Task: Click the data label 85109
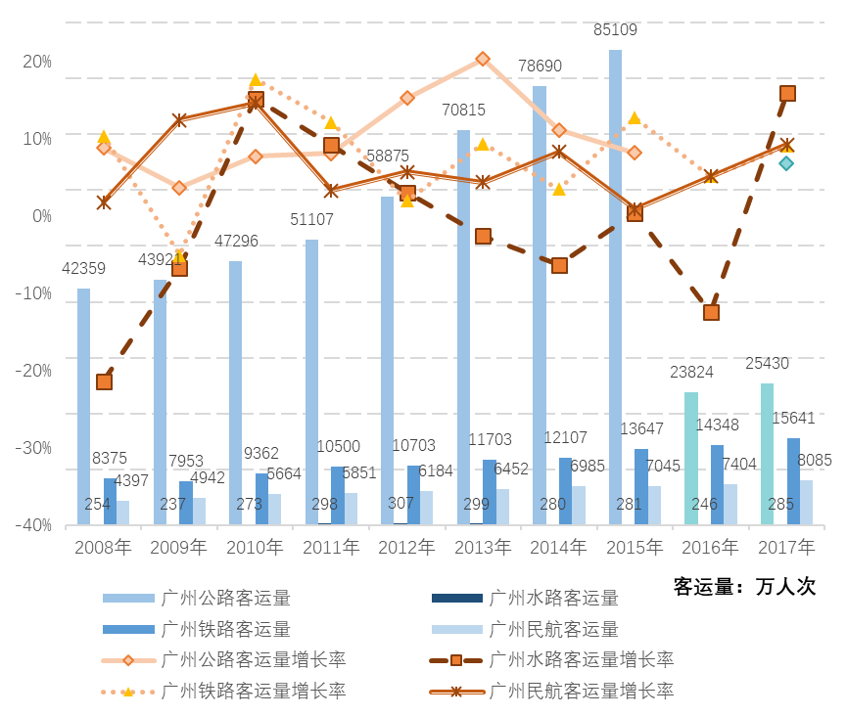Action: pyautogui.click(x=615, y=30)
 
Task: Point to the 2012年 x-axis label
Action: pyautogui.click(x=407, y=547)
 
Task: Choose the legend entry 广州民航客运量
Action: pyautogui.click(x=553, y=628)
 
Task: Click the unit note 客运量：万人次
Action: pyautogui.click(x=744, y=587)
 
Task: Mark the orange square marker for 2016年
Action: pyautogui.click(x=711, y=312)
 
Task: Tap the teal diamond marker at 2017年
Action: pyautogui.click(x=786, y=163)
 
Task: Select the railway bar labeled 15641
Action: pyautogui.click(x=793, y=480)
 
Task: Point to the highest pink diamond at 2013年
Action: pyautogui.click(x=483, y=59)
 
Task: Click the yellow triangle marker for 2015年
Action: pyautogui.click(x=635, y=117)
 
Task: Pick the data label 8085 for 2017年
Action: pyautogui.click(x=815, y=459)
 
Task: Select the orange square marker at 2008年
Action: pyautogui.click(x=104, y=381)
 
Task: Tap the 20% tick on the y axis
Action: pyautogui.click(x=37, y=62)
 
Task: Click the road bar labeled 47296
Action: pyautogui.click(x=236, y=391)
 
